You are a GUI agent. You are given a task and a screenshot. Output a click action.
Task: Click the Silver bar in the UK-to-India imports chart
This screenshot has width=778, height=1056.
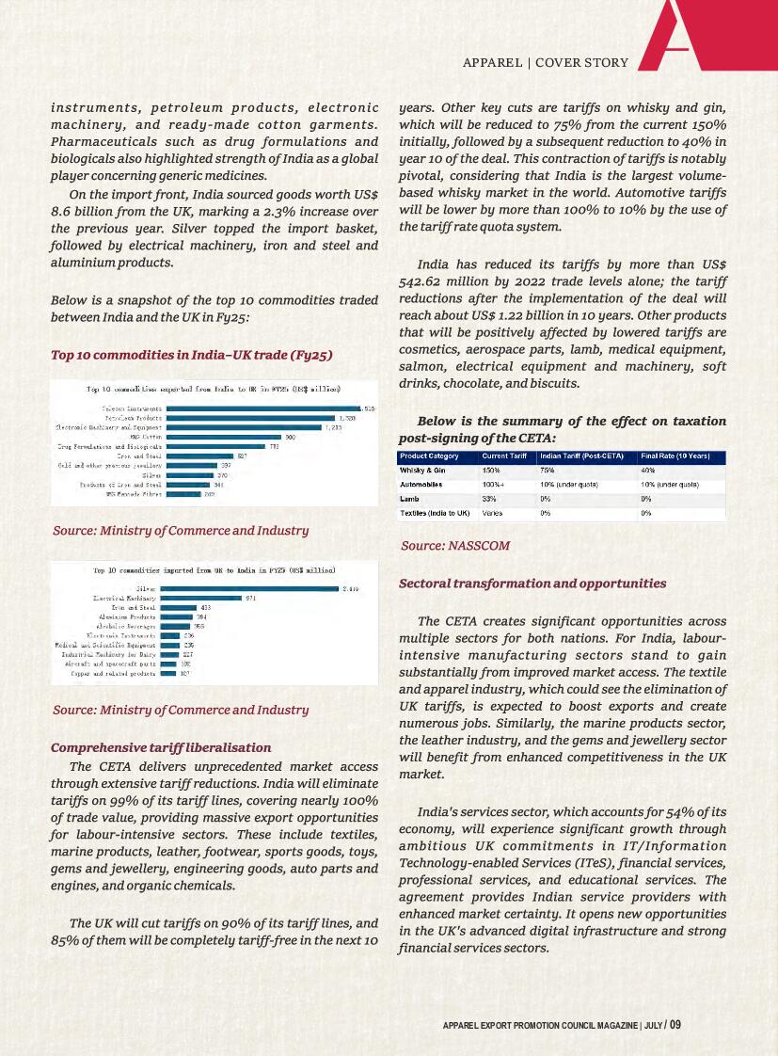click(249, 588)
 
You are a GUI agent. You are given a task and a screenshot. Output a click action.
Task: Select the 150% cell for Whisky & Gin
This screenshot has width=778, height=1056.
click(491, 471)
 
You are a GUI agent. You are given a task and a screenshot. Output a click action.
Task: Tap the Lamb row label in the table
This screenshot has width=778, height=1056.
click(409, 499)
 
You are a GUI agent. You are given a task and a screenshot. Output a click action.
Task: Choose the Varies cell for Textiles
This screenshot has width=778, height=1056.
click(492, 513)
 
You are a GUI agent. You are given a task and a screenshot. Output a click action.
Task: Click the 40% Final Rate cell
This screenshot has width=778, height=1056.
click(648, 471)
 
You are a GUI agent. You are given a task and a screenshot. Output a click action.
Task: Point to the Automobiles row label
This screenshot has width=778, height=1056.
click(421, 485)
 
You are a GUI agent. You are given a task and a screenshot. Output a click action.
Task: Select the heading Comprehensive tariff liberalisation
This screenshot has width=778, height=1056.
click(161, 747)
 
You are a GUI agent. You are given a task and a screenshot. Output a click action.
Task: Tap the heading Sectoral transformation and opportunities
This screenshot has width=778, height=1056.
click(532, 584)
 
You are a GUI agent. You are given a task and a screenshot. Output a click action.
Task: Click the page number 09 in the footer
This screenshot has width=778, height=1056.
click(675, 1025)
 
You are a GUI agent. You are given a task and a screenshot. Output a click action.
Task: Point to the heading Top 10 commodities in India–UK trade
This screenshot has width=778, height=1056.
click(191, 355)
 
